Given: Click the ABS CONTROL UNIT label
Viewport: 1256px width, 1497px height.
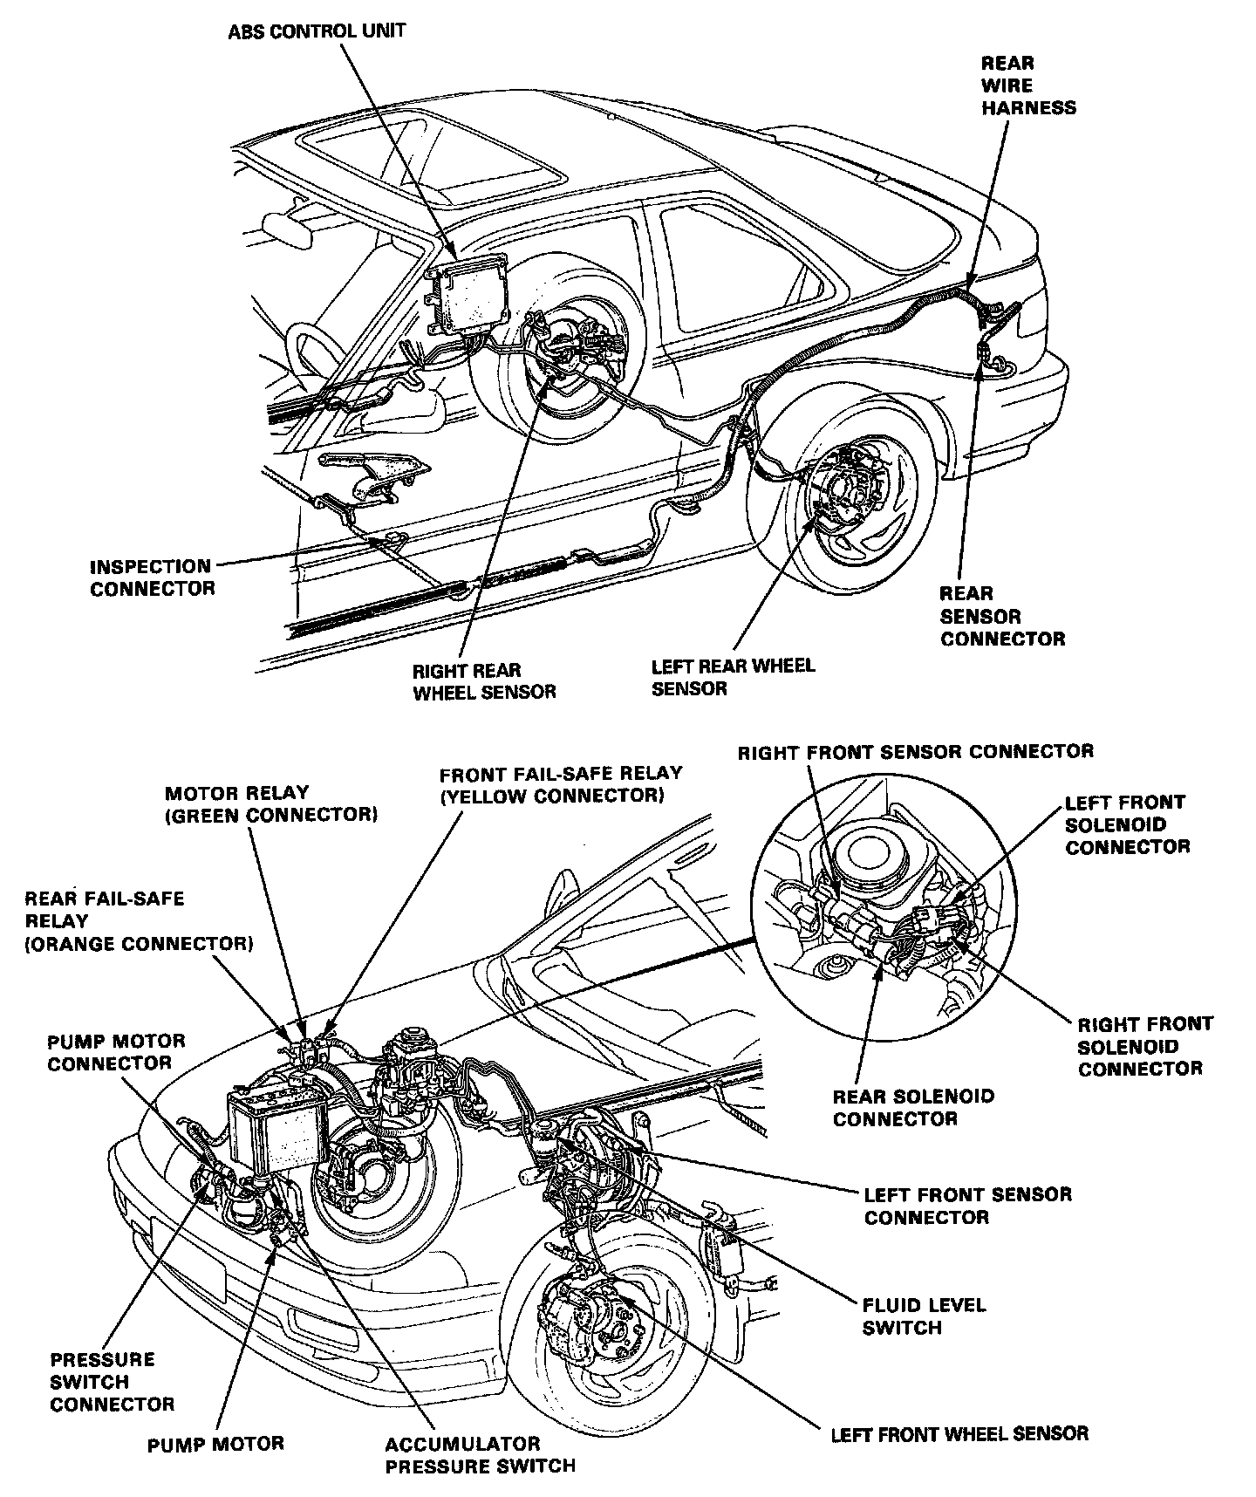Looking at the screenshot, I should [x=317, y=32].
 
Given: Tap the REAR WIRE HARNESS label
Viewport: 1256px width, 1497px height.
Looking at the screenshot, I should [x=1028, y=85].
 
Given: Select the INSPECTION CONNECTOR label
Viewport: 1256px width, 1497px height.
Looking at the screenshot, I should [x=152, y=578].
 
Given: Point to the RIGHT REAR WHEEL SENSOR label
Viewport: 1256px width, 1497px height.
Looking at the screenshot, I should [x=483, y=681].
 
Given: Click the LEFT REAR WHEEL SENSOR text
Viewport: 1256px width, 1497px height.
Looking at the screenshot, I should [x=733, y=677].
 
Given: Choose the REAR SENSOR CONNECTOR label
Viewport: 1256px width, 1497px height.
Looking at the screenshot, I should [x=1002, y=616].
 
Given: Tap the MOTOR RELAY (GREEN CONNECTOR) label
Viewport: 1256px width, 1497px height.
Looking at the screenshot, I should [x=270, y=803].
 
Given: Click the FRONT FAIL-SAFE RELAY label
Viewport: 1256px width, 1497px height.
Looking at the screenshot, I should [x=560, y=784].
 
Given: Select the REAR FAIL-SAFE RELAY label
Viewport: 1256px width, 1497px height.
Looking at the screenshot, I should [x=139, y=920].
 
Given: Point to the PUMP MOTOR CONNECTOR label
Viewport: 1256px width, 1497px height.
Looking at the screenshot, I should [x=116, y=1052].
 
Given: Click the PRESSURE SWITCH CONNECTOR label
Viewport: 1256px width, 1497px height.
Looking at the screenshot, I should [x=112, y=1382].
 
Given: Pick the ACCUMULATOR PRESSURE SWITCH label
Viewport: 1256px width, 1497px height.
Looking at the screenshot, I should [x=480, y=1455].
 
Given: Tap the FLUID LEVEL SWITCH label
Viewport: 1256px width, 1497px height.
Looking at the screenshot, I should [x=923, y=1316].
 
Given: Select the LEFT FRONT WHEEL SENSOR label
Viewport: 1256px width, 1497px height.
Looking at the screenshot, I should [x=959, y=1432].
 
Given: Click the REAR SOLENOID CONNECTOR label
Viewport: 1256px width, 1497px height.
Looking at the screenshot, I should [x=913, y=1107].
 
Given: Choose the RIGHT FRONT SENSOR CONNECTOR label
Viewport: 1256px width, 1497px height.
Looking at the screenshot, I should [x=915, y=751].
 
